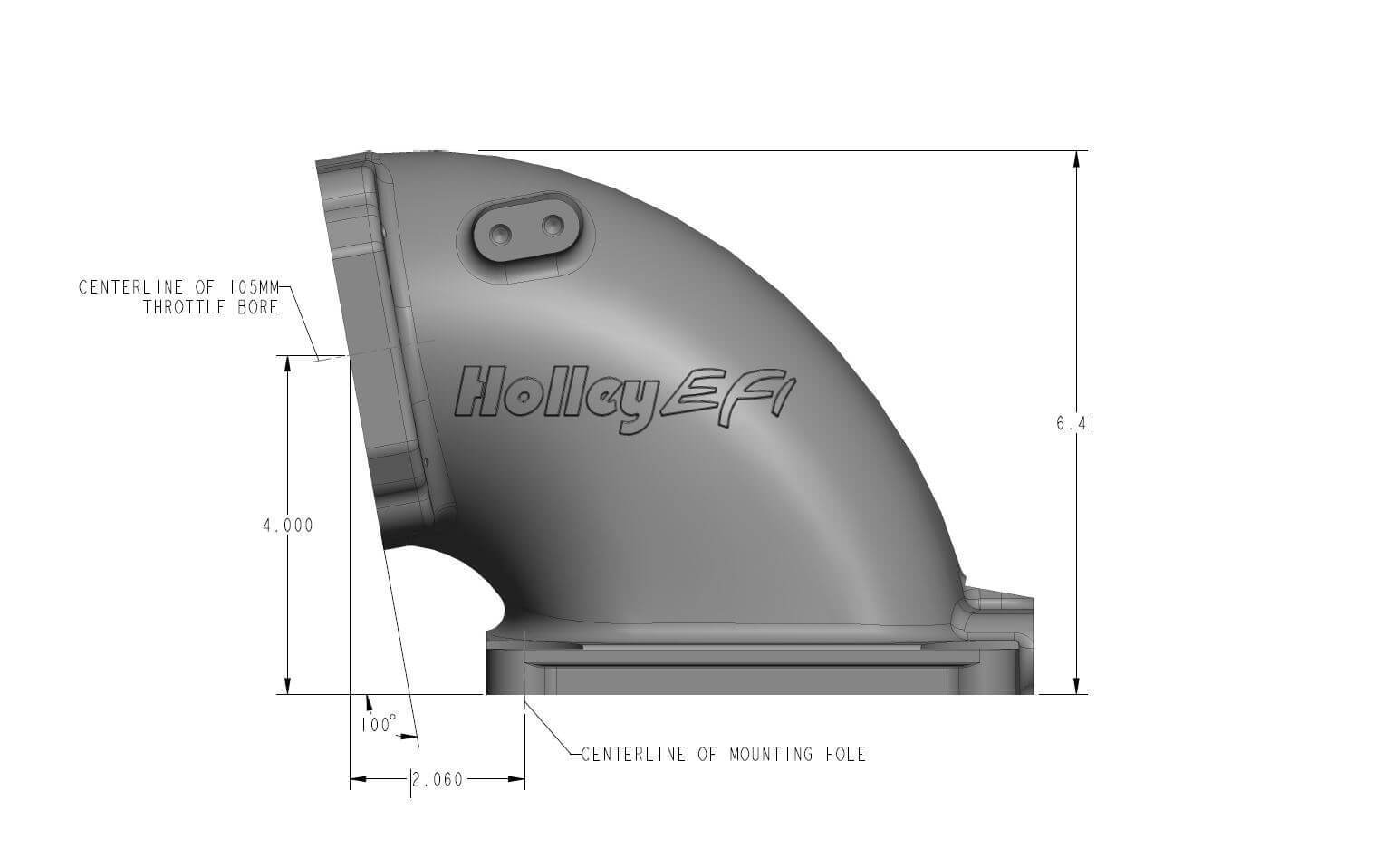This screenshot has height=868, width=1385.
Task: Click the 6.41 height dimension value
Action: (x=1076, y=423)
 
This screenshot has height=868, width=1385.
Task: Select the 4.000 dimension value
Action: (x=288, y=526)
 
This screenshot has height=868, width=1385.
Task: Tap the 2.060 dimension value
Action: (x=438, y=780)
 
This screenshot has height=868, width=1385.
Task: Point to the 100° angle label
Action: (x=378, y=725)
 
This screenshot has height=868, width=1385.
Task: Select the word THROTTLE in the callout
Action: (x=184, y=308)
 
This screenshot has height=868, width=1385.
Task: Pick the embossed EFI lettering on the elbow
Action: (x=728, y=394)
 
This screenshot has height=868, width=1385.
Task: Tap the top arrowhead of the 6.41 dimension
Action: (x=1076, y=159)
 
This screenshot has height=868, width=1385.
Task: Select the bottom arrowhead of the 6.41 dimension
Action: (x=1076, y=685)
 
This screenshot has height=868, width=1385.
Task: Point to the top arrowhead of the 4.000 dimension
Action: (x=288, y=364)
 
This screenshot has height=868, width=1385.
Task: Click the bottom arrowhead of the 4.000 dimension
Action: (x=288, y=686)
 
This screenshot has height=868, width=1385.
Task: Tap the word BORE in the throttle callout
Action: (x=257, y=308)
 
